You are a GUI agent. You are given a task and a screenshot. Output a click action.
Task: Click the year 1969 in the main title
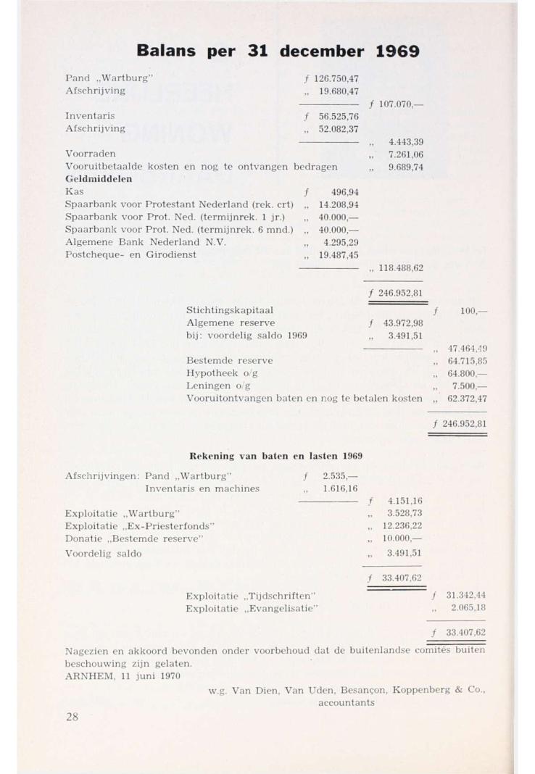point(397,51)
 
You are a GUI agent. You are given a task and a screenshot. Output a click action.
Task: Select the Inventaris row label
point(91,116)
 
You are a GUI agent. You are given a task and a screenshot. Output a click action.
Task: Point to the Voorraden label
point(91,154)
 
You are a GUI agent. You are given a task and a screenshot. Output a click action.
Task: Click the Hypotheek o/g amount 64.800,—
point(467,373)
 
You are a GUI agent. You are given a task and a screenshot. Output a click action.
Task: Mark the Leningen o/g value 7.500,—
point(470,386)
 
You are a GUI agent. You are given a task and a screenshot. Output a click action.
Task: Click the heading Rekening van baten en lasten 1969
point(275,455)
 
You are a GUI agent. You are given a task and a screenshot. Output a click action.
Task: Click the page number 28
point(72,717)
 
